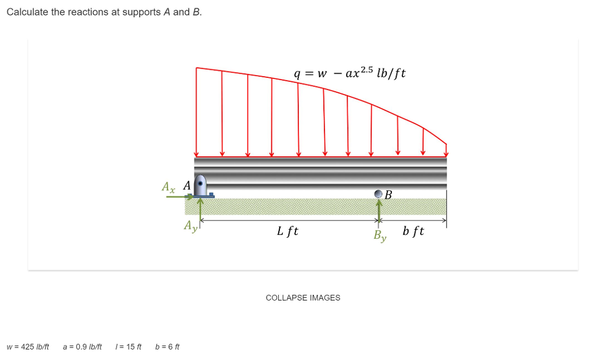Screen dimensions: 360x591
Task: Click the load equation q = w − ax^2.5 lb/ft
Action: pyautogui.click(x=350, y=74)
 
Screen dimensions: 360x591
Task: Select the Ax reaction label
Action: pyautogui.click(x=168, y=187)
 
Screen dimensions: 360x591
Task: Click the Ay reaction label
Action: pyautogui.click(x=190, y=226)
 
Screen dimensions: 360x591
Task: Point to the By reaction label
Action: pyautogui.click(x=379, y=235)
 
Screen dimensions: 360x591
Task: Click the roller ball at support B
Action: pyautogui.click(x=379, y=194)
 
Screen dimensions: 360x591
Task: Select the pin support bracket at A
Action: pyautogui.click(x=201, y=186)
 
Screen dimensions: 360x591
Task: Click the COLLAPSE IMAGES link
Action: pyautogui.click(x=302, y=298)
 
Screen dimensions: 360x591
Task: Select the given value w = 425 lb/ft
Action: pyautogui.click(x=28, y=347)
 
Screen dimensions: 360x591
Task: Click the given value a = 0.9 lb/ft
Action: pyautogui.click(x=82, y=347)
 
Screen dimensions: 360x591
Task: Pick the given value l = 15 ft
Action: pyautogui.click(x=128, y=347)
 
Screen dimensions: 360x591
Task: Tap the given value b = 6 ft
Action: pyautogui.click(x=167, y=347)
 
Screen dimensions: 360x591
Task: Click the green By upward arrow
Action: pyautogui.click(x=379, y=209)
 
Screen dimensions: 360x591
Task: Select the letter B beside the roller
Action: pyautogui.click(x=388, y=195)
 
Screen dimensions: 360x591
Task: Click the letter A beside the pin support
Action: pyautogui.click(x=186, y=186)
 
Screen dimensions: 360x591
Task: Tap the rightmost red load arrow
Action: pyautogui.click(x=446, y=149)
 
